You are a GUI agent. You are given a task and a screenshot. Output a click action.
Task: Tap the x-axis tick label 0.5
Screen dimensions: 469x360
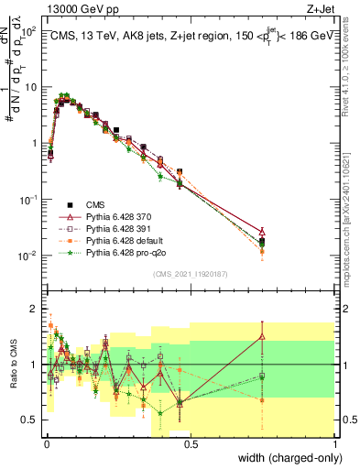(x=190, y=443)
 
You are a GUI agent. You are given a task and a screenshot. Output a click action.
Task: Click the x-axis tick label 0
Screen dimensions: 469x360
(x=46, y=443)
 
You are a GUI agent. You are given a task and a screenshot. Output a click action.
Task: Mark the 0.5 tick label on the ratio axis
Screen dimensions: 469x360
(x=30, y=420)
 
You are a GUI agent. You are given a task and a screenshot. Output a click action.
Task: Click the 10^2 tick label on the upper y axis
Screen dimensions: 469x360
(x=27, y=31)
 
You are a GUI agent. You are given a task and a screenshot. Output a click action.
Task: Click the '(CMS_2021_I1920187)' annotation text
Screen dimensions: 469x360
(x=191, y=272)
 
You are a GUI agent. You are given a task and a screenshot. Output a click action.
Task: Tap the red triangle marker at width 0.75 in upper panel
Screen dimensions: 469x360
(x=262, y=232)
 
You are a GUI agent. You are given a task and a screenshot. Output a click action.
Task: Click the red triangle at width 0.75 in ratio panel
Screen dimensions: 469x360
(x=262, y=336)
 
